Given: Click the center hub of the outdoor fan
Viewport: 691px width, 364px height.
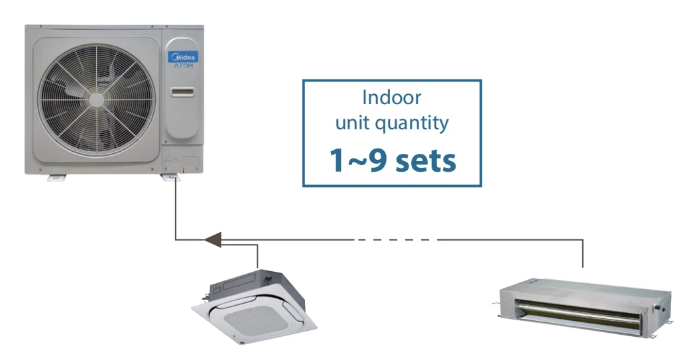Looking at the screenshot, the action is click(97, 99).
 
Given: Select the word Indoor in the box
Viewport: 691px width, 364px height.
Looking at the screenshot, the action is click(391, 98).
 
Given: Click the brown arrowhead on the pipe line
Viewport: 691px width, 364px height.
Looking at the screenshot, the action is click(212, 239).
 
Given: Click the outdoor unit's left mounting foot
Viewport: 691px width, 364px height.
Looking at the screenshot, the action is click(56, 176).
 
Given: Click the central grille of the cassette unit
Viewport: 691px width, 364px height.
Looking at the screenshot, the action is click(256, 318).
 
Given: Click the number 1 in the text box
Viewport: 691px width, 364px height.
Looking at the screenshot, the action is click(338, 160).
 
